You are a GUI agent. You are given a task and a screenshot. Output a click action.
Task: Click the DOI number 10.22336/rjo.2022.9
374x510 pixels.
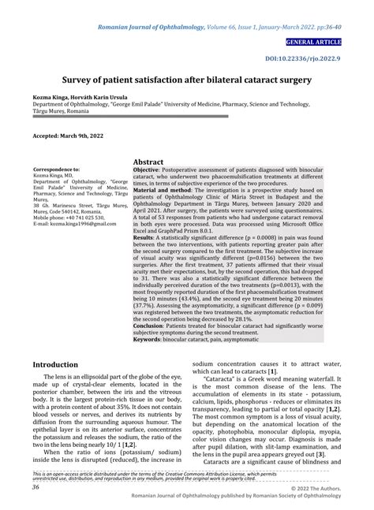(325, 58)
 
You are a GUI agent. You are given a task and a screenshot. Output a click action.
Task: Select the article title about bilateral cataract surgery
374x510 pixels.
(187, 80)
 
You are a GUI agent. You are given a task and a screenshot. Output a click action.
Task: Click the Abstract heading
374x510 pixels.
(148, 161)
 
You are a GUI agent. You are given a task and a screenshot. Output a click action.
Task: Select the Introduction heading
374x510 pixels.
(54, 364)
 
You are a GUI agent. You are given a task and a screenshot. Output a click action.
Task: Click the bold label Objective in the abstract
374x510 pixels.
(146, 169)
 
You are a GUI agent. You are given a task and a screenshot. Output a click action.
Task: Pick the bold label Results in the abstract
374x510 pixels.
(143, 236)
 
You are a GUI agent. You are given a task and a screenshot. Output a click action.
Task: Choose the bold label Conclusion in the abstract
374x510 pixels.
(150, 324)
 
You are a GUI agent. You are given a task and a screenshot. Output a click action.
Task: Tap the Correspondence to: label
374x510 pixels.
(56, 169)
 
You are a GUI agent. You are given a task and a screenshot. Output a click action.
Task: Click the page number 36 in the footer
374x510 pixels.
(36, 486)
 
